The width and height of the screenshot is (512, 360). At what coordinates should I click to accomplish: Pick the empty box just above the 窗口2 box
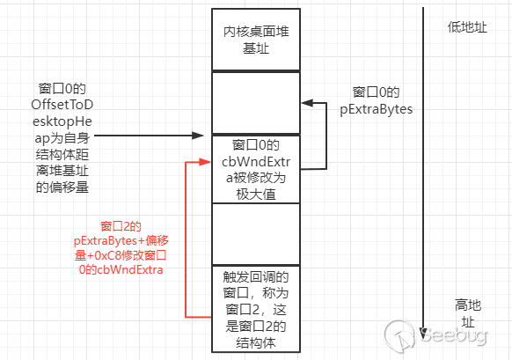point(256,233)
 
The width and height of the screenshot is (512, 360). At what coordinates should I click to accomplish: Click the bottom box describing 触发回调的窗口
point(256,309)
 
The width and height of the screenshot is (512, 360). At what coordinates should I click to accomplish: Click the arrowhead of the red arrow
point(207,162)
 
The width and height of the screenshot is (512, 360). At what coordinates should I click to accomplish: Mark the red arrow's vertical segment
point(186,238)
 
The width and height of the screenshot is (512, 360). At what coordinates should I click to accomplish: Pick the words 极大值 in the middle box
point(256,195)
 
